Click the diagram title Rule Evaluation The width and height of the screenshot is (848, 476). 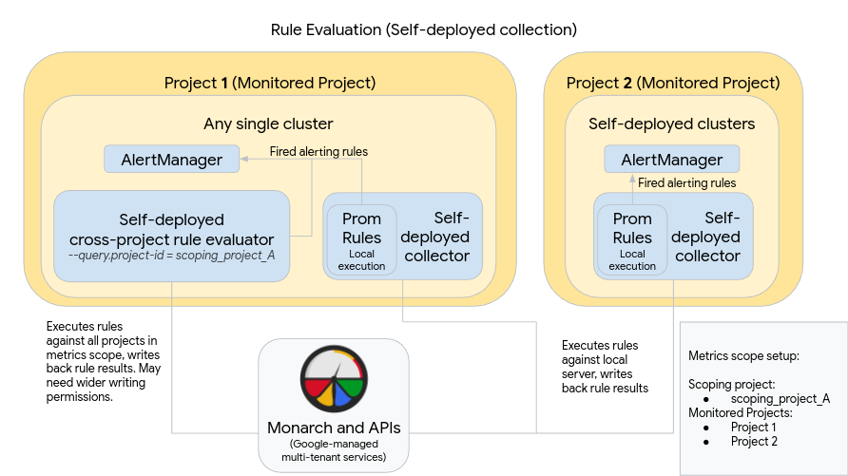[x=423, y=29]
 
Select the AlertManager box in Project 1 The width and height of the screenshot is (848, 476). [x=171, y=160]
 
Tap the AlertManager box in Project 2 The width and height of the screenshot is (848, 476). [x=671, y=160]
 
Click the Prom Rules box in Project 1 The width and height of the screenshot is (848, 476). [x=361, y=238]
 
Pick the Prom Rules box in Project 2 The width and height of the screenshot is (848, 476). [x=632, y=238]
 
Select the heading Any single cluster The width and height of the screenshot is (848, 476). [x=268, y=124]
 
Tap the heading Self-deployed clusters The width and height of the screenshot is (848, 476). [x=671, y=124]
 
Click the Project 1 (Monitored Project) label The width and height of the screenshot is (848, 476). [x=269, y=83]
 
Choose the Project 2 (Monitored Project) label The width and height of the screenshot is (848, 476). [x=672, y=83]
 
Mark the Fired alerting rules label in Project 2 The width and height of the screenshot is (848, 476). [x=686, y=182]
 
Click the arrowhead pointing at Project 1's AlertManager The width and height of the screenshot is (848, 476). [x=243, y=159]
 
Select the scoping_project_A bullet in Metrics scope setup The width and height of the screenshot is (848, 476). [x=780, y=398]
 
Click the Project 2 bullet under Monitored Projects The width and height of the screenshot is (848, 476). [x=754, y=441]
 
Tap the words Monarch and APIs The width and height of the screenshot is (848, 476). [x=334, y=428]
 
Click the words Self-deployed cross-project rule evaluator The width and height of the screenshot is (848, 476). [x=171, y=230]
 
